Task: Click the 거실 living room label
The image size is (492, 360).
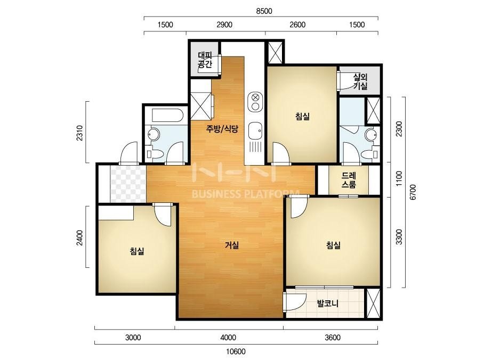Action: click(232, 245)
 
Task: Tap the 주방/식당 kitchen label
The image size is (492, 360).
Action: click(222, 128)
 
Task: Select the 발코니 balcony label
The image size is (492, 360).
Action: click(328, 303)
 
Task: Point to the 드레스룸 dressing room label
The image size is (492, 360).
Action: click(349, 180)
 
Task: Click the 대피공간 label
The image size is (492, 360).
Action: click(205, 60)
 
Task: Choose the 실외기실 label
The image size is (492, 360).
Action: click(360, 81)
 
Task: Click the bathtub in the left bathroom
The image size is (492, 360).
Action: click(167, 116)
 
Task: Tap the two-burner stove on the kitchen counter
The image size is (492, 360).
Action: click(255, 102)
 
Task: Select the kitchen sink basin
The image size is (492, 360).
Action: click(255, 131)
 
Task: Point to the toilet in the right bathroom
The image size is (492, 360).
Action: click(369, 154)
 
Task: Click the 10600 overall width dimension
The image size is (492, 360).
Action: click(236, 351)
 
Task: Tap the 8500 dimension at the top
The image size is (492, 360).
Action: click(264, 11)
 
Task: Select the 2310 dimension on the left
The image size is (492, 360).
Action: click(79, 133)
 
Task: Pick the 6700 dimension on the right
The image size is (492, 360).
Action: click(413, 192)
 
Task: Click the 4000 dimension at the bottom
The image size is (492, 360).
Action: click(228, 338)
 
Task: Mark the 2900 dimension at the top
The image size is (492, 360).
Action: click(224, 25)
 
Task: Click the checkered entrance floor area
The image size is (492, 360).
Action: click(128, 184)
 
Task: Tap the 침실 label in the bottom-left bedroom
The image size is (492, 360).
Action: click(137, 251)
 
